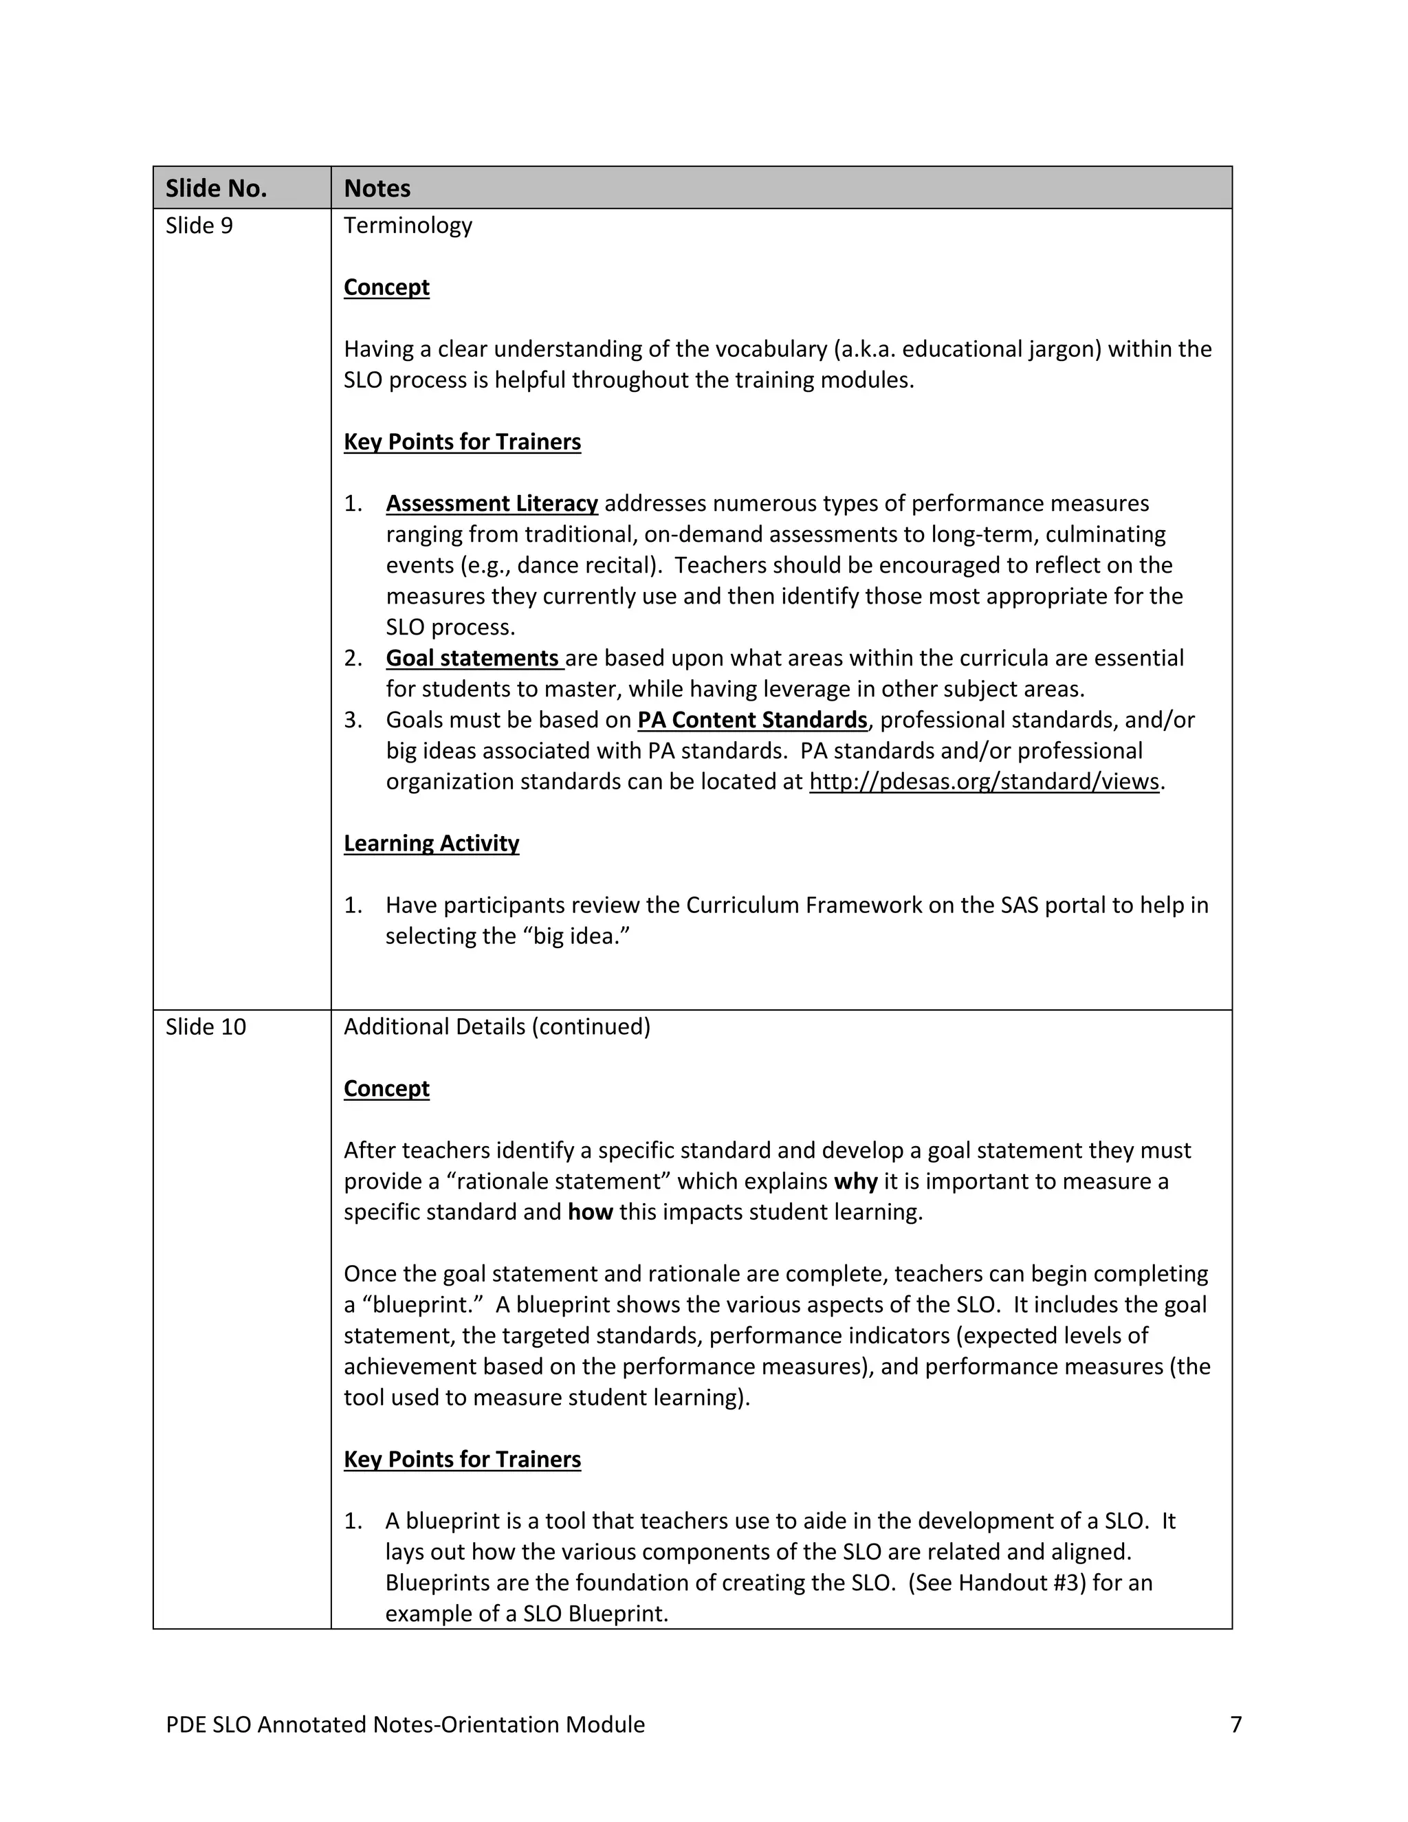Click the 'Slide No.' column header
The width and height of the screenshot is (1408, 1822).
click(216, 188)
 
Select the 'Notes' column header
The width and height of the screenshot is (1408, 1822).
click(377, 188)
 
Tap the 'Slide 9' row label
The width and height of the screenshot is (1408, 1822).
click(199, 226)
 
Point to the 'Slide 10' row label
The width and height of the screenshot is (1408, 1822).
click(205, 1027)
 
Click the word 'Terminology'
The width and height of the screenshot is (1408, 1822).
click(408, 226)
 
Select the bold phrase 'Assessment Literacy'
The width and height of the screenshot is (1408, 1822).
click(492, 504)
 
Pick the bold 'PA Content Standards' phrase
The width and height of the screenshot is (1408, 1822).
click(752, 720)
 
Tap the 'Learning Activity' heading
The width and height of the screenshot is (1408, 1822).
click(431, 844)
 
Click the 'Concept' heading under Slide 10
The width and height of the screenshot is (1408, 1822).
click(386, 1088)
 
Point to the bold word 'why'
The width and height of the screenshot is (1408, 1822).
click(855, 1181)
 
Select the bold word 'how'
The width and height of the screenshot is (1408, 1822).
click(590, 1212)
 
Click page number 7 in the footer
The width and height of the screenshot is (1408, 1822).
click(1235, 1724)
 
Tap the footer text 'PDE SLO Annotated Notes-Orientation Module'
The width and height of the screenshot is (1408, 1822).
click(406, 1724)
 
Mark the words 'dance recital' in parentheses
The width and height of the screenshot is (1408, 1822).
click(582, 566)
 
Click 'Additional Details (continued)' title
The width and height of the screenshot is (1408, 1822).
click(496, 1027)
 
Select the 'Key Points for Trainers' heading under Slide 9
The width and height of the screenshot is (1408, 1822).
click(462, 442)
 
